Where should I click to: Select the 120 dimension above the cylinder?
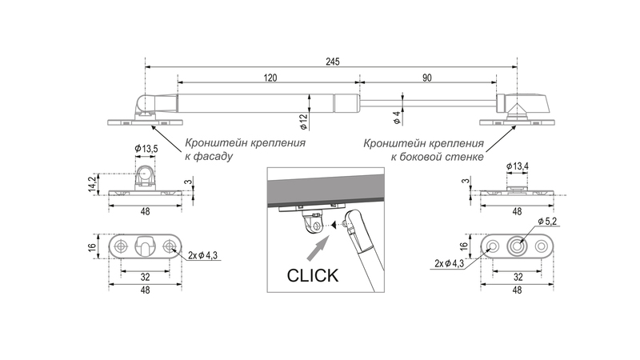pos(269,77)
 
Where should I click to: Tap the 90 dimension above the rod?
pos(427,77)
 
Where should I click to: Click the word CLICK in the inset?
pos(313,275)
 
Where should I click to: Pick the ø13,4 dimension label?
pos(518,166)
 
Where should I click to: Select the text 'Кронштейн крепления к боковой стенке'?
pos(424,150)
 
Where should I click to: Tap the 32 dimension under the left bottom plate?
pos(146,276)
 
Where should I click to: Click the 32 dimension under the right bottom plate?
pos(517,276)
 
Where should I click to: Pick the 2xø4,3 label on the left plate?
pos(206,256)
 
